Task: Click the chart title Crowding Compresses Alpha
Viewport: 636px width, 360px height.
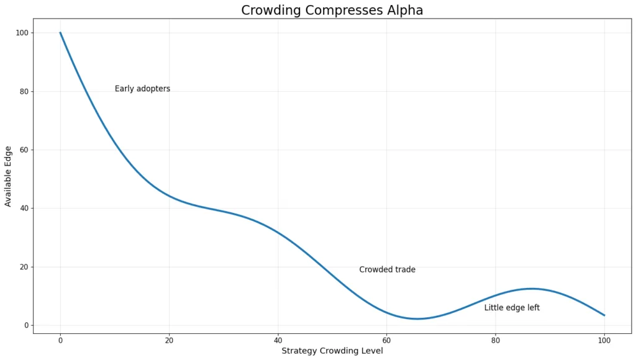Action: point(332,10)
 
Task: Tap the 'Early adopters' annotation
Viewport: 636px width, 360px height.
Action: point(142,89)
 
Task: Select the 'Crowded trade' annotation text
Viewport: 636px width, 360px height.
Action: point(387,269)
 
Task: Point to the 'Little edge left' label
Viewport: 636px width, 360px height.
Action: point(512,307)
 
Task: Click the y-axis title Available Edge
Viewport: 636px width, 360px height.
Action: point(8,176)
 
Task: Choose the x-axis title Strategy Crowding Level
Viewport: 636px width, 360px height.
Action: point(332,351)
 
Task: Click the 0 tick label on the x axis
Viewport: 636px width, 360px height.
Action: point(60,340)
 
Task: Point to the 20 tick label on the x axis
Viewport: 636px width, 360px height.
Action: point(169,340)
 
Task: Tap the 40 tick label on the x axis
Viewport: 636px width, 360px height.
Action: point(278,340)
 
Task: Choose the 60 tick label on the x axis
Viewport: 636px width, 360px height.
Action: point(386,340)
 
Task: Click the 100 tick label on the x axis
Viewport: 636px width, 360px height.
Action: point(604,340)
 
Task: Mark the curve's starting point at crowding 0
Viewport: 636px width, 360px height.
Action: point(60,33)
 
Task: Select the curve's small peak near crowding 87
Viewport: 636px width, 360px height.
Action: point(532,289)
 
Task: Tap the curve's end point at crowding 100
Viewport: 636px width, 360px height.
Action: point(604,315)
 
